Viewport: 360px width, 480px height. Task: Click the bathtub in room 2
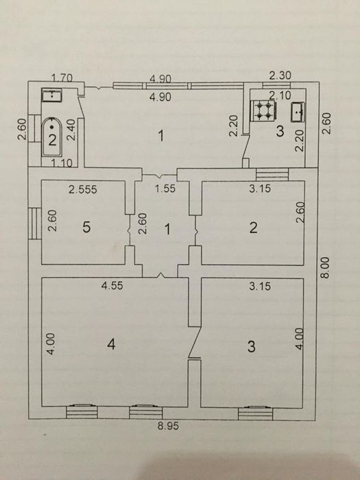51,137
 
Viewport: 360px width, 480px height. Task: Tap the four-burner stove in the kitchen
263,111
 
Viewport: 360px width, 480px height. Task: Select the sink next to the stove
298,112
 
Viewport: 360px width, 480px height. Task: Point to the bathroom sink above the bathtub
51,95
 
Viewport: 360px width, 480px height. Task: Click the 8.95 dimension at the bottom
168,426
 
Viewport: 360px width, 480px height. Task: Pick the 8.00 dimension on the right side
325,267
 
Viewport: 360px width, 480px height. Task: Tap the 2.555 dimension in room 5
83,190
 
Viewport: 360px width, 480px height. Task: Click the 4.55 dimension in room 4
112,286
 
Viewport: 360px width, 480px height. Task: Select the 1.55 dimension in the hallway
165,189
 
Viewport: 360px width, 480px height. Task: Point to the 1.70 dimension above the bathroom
62,77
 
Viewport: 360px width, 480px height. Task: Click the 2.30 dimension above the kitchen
280,75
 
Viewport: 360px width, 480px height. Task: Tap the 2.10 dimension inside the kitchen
280,95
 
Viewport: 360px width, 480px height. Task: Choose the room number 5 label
86,228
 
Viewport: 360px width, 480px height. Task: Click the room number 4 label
111,345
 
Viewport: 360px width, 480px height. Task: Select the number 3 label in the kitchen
280,131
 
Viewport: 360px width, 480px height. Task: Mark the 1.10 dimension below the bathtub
62,163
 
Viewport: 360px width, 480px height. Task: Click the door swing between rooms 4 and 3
195,343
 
